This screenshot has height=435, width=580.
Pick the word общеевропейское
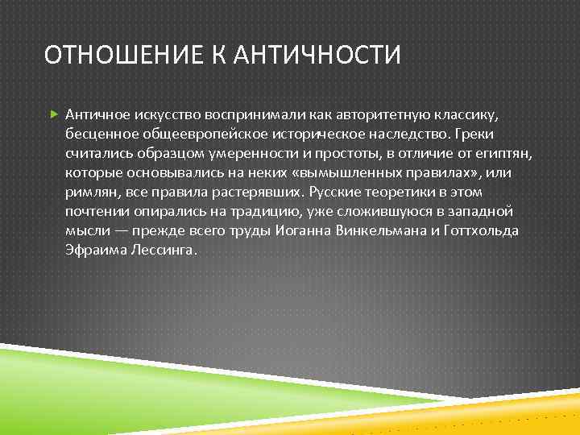[175, 135]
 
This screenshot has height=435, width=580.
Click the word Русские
[324, 193]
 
